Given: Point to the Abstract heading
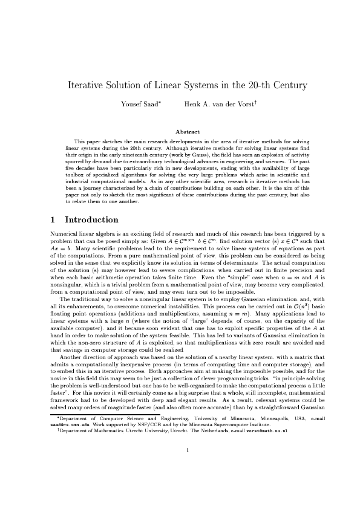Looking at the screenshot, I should click(187, 131).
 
